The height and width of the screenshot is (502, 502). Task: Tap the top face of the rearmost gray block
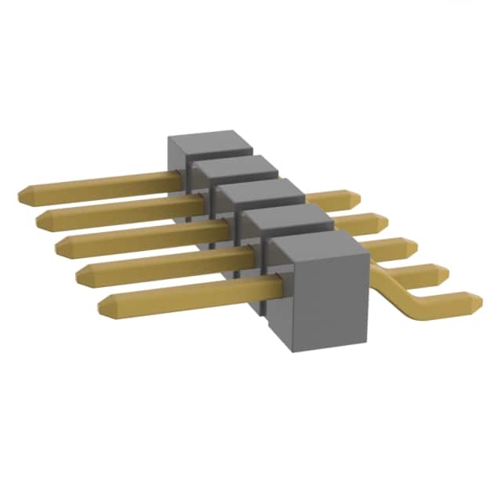[210, 144]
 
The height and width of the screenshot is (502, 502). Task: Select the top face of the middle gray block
[260, 192]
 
